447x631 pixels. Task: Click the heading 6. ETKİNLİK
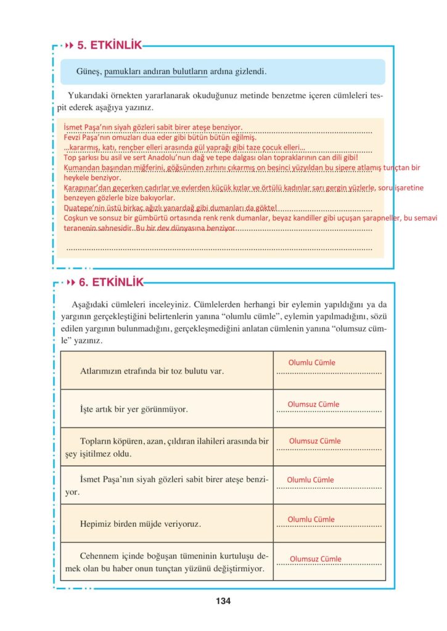coord(110,283)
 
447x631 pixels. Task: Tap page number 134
coord(223,601)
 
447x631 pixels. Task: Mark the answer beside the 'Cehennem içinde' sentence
coord(315,559)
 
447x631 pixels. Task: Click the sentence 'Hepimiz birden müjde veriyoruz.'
coord(141,524)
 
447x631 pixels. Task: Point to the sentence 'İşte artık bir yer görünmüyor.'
coord(134,409)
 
